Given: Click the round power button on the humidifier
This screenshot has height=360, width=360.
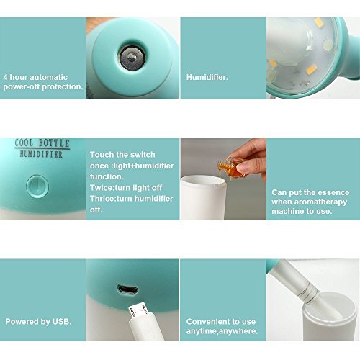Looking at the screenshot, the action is coord(37,186).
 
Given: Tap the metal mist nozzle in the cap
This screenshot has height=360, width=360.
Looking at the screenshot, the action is coord(132,58).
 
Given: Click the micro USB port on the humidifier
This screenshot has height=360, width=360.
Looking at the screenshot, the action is coord(127,289).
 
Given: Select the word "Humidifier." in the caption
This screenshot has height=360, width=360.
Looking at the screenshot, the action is coord(207,77).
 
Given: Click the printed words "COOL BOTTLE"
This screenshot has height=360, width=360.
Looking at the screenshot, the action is coord(42,143).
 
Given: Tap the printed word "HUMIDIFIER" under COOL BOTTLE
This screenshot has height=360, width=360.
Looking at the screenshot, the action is coord(41,154).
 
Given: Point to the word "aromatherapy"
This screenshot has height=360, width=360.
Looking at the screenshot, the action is coord(320,202).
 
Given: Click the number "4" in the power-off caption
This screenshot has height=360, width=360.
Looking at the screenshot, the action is coord(5,77).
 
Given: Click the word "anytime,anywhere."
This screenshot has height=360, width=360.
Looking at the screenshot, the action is coord(222,331).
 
